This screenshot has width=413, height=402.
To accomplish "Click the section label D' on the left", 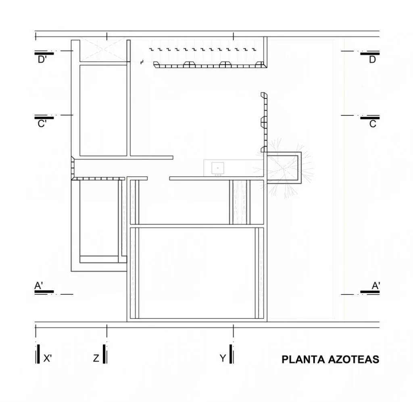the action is [x=42, y=60].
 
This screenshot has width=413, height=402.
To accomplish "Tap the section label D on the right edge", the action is [x=372, y=60].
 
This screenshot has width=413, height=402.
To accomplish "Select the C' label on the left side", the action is [x=42, y=124].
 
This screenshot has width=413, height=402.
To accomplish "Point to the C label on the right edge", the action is [x=372, y=124].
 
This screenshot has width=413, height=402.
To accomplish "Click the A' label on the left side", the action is [x=39, y=285].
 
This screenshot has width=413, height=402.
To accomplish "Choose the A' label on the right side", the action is [x=375, y=285].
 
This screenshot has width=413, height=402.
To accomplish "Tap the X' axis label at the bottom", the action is [x=48, y=358].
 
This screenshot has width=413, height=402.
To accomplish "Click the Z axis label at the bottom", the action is [x=96, y=358].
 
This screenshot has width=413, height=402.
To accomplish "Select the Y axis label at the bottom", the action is [x=223, y=358].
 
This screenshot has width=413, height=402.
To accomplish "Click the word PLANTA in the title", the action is [x=303, y=359].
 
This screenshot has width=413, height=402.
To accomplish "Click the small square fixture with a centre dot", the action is [x=218, y=168].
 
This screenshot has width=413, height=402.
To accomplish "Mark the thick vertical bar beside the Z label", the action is [x=104, y=354].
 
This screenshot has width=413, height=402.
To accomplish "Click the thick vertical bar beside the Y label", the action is [x=231, y=354].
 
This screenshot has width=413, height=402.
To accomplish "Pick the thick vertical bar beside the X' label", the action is [x=38, y=354].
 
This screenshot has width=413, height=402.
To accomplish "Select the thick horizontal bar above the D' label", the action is [x=44, y=54].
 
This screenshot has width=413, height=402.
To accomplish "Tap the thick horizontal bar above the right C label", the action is [x=370, y=118].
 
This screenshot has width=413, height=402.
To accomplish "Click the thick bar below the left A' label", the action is [x=44, y=292].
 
